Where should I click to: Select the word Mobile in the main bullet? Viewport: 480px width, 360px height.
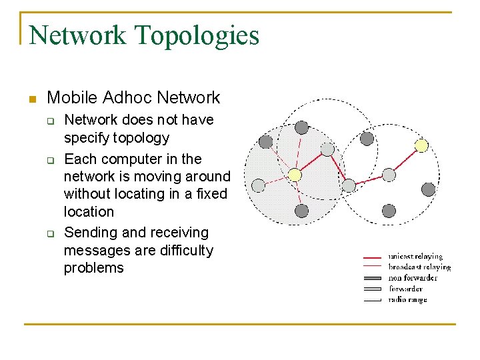73,98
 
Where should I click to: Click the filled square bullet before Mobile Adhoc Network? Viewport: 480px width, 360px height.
31,99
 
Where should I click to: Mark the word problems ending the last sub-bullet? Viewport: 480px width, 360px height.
94,268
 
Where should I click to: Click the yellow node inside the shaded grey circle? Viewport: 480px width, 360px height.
295,175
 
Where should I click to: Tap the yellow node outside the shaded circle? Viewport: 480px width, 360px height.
421,145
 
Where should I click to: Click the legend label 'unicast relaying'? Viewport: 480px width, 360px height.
415,256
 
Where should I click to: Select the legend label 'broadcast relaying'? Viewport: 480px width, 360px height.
419,267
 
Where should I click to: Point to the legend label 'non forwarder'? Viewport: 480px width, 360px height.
413,278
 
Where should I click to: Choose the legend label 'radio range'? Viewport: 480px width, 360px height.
407,299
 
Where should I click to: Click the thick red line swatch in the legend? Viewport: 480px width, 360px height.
373,257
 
